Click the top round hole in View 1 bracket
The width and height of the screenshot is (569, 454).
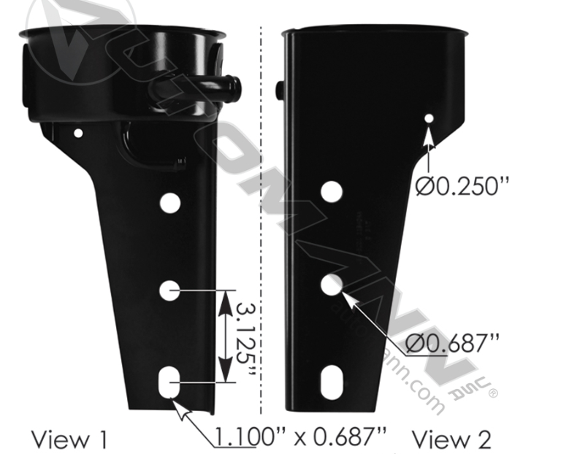(170, 203)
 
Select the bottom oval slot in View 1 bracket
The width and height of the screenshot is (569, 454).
(170, 382)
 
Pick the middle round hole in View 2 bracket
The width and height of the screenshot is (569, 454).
(332, 285)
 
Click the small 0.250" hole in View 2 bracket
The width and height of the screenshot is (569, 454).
(429, 118)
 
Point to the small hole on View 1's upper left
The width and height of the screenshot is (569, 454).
(78, 133)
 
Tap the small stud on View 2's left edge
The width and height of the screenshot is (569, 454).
(280, 91)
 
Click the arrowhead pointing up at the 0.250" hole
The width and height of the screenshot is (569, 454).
(429, 132)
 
